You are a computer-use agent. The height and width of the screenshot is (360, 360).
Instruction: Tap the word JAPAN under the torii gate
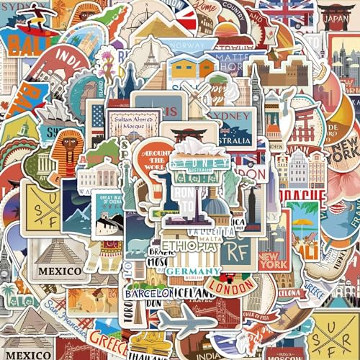[336, 20]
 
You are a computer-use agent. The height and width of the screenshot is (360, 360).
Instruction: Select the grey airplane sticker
[186, 322]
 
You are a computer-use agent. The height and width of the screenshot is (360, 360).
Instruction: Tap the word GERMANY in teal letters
[192, 271]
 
